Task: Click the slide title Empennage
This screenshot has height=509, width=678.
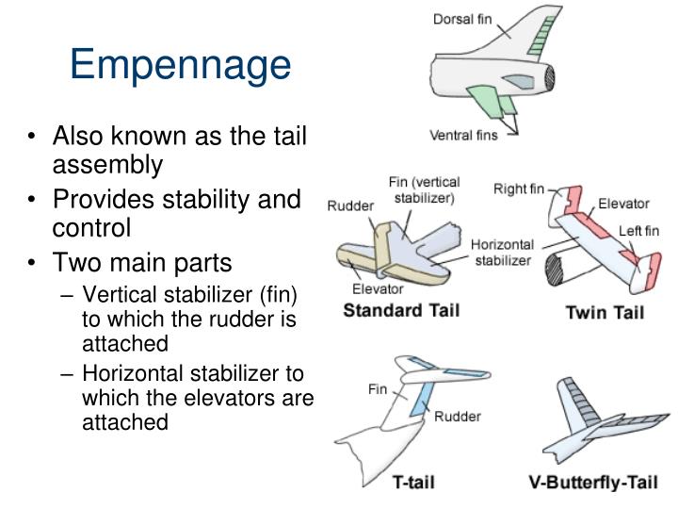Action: pos(181,65)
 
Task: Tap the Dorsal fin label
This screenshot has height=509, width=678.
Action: pos(461,20)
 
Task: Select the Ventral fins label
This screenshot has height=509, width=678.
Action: pos(463,135)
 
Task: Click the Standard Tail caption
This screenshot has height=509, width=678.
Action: pos(401,310)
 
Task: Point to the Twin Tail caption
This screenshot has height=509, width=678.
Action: pos(605,312)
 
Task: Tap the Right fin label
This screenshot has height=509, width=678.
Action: pos(519,189)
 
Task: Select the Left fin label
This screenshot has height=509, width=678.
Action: pos(638,231)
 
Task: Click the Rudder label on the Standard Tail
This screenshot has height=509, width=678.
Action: pos(349,205)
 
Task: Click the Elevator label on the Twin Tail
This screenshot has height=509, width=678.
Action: pos(623,204)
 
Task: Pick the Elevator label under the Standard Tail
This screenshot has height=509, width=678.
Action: pos(378,288)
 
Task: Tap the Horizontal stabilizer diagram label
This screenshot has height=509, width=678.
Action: pos(502,253)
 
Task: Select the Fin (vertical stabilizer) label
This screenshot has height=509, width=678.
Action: pos(422,189)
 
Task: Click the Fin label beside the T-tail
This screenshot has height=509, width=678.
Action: pos(377,389)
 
